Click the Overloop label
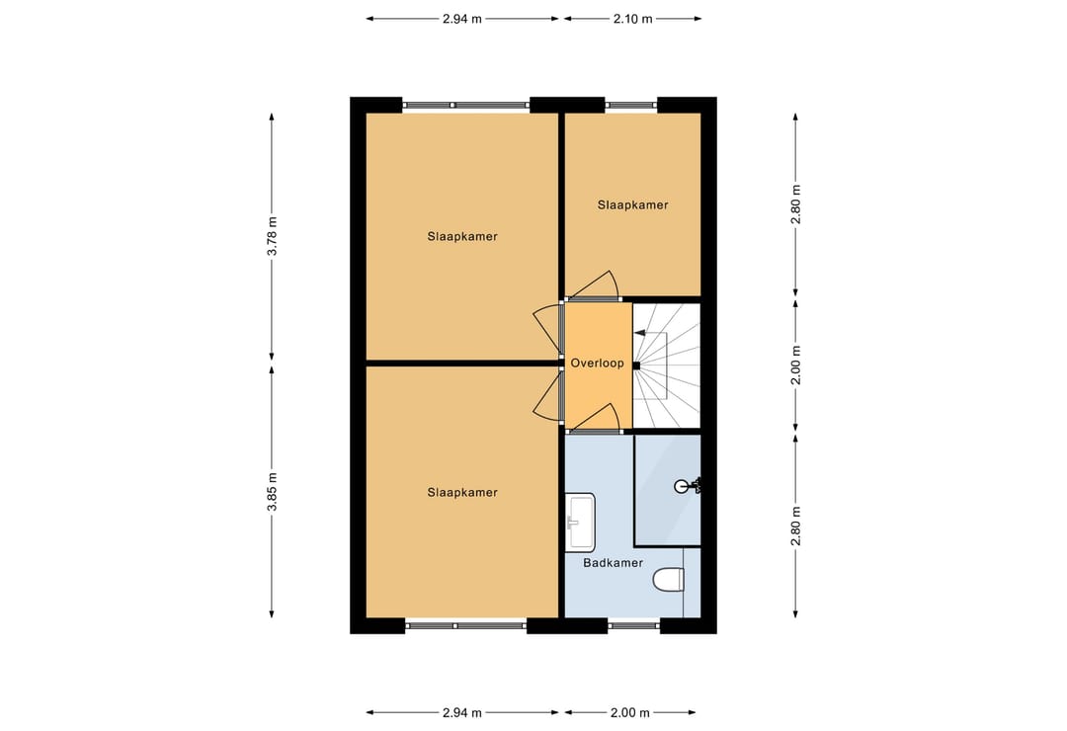pos(597,364)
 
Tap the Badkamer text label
pos(613,563)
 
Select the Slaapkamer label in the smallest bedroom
pos(632,205)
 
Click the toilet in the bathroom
pos(670,580)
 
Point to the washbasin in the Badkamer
pos(581,522)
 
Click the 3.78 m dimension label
pos(273,236)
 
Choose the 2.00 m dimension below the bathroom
pos(630,712)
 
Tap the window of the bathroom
pos(633,624)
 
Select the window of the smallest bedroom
pos(630,104)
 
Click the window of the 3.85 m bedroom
pos(465,624)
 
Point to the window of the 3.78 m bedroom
pos(465,104)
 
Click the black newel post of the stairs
pos(636,365)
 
